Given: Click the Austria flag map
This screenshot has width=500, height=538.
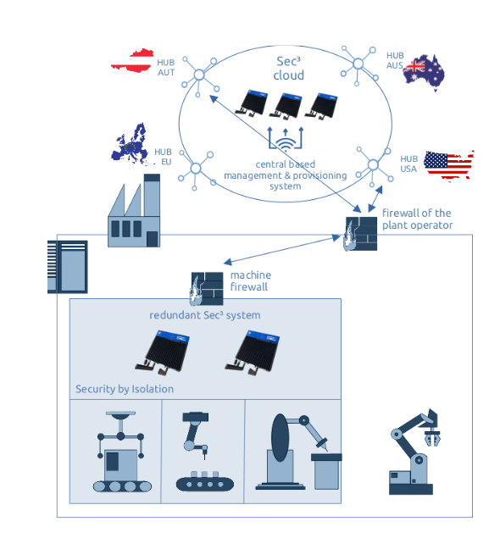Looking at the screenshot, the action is coord(132,61).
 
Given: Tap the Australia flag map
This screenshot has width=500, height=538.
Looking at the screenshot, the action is coord(424,72).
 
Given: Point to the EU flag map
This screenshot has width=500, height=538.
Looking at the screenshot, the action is coord(131,144).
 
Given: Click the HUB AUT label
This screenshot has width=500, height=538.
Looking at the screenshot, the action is coord(166,68).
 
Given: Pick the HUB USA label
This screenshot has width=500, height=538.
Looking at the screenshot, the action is coord(408,164).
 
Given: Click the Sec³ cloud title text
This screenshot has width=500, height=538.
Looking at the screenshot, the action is coord(289,69).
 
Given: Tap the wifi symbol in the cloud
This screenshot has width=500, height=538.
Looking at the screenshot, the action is coord(286,144).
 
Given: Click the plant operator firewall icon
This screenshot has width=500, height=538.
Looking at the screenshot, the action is coord(361,233).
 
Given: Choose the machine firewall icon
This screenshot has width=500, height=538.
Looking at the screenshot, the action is coord(207,289).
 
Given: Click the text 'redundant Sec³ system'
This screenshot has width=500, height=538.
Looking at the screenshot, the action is coord(205,315).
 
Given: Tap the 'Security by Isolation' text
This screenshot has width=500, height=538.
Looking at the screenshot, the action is coord(125,389).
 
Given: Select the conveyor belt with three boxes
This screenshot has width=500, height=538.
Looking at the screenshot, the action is coord(205,481).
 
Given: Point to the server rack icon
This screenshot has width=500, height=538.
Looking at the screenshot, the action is coord(68,267).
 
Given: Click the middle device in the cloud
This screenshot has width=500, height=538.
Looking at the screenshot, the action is coord(286,105).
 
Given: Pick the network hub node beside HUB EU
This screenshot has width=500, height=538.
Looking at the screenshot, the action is coord(196,169).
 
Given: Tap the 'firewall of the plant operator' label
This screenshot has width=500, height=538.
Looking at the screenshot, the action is coord(417,219).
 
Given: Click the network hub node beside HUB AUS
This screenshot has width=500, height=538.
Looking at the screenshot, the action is coord(358,64).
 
